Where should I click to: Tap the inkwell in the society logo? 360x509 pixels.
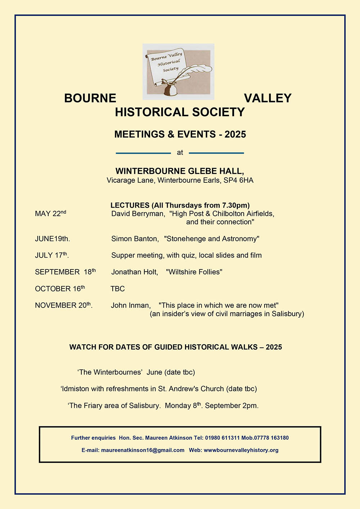tap(171, 88)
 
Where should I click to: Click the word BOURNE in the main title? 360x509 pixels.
tap(90, 98)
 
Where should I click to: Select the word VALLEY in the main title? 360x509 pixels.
tap(267, 98)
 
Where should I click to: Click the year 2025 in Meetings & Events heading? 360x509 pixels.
tap(235, 135)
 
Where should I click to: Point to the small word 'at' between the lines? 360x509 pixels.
tap(180, 153)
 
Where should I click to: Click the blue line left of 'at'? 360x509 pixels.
tap(143, 153)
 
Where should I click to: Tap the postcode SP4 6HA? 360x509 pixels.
tap(238, 180)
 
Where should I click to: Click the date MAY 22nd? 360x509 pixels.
tap(50, 214)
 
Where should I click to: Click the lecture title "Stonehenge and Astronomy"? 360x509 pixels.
tap(211, 239)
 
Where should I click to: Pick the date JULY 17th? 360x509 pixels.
tap(51, 255)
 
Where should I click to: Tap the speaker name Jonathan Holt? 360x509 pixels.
tap(134, 272)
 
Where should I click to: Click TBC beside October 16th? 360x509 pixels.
tap(118, 289)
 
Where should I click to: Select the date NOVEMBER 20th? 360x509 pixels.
tap(63, 305)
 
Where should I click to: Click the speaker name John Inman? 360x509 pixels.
tap(130, 305)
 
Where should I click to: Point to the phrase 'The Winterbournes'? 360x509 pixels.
tap(110, 372)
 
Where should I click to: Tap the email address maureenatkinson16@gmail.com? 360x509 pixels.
tap(143, 450)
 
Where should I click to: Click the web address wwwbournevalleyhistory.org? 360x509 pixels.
tap(241, 450)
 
